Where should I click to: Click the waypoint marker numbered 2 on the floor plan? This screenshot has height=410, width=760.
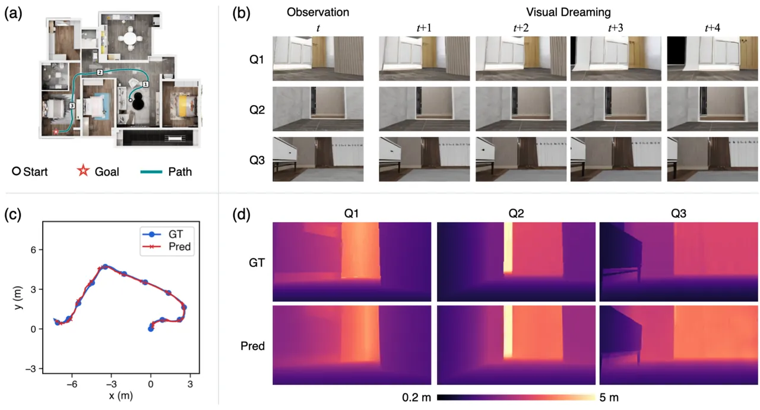click(100, 72)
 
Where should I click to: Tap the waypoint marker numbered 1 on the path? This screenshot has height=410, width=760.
click(145, 84)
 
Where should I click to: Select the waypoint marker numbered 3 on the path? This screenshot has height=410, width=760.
click(72, 106)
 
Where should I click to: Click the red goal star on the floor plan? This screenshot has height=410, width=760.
click(56, 131)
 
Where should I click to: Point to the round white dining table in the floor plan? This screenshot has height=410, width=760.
click(130, 39)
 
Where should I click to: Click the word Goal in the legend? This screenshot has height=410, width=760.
click(107, 172)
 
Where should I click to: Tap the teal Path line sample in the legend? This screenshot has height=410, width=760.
click(151, 172)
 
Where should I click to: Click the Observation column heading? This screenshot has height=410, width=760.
click(318, 12)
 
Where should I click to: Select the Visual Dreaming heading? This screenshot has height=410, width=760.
click(568, 12)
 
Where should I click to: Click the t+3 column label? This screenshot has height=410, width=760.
click(616, 28)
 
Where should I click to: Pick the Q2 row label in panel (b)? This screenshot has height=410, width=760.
click(257, 110)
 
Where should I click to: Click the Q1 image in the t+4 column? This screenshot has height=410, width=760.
click(712, 58)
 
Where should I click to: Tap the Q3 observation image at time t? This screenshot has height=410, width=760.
click(318, 159)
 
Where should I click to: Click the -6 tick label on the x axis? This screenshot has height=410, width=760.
click(72, 384)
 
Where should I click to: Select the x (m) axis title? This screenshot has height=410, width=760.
click(121, 396)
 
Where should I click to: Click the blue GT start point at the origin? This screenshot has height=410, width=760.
click(151, 329)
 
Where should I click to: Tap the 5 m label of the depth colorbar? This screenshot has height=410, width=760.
click(609, 398)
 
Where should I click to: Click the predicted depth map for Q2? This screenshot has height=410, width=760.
click(516, 345)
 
